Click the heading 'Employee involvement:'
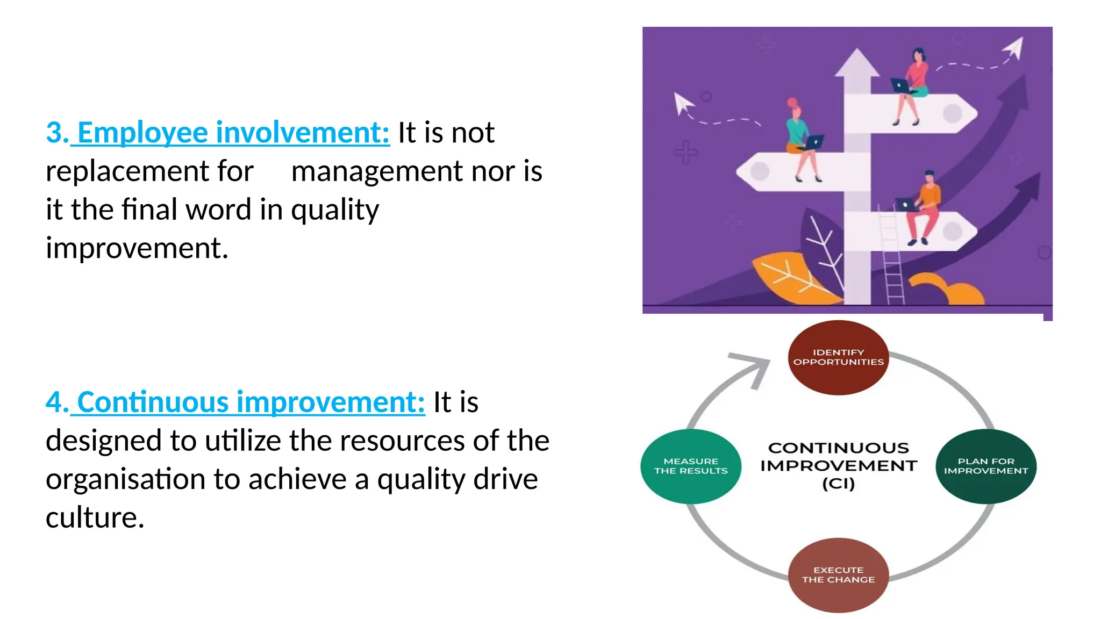coord(233,133)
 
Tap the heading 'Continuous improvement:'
coord(251,402)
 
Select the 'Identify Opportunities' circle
coord(838,357)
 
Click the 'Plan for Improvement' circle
coord(985,466)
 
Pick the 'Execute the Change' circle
coord(838,575)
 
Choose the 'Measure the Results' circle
coord(691,466)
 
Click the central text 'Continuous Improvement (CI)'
coord(838,465)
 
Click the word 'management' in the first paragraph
coord(376,172)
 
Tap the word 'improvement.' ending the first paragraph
coord(137,249)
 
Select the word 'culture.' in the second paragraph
coord(95,518)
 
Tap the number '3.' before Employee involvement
coord(57,133)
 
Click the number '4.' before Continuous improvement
coord(57,402)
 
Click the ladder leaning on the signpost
coord(890,258)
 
